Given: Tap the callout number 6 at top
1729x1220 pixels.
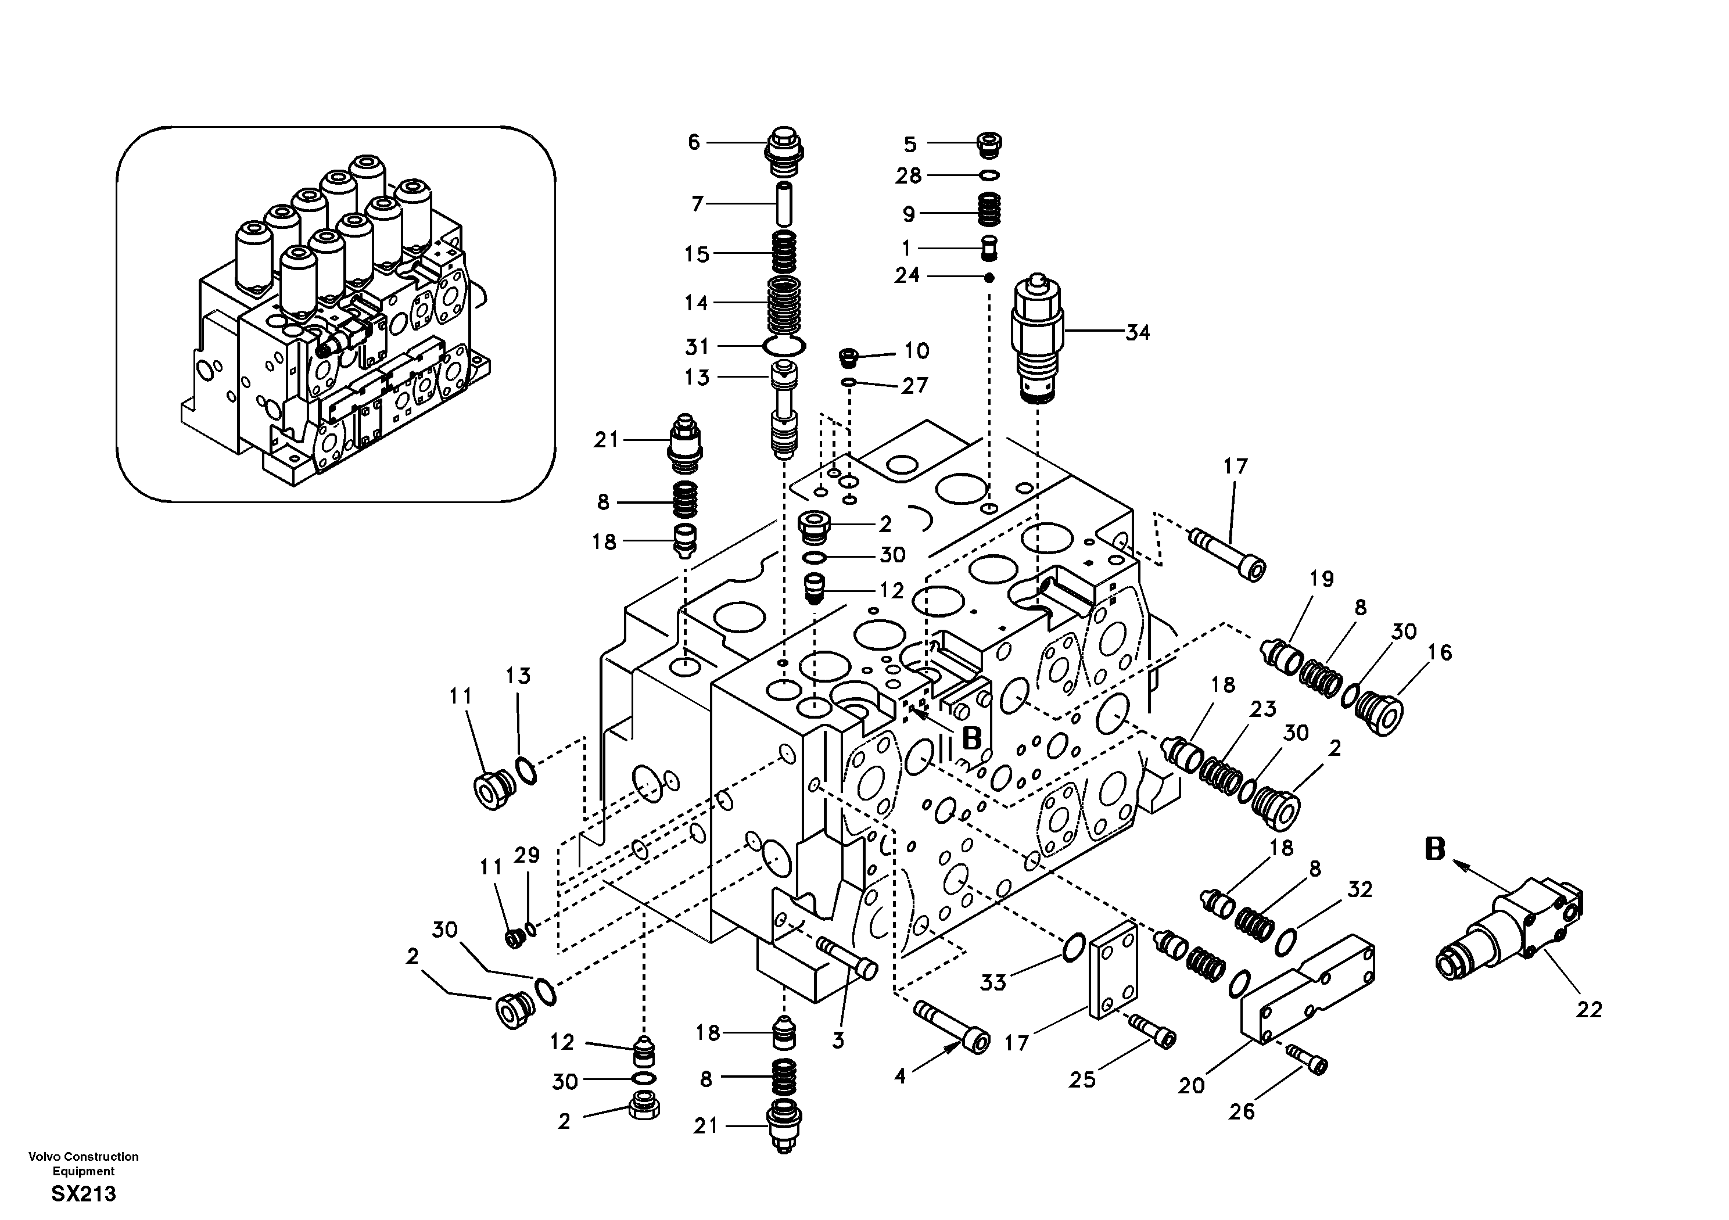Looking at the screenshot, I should (694, 142).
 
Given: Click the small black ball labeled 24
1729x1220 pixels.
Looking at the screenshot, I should (989, 278).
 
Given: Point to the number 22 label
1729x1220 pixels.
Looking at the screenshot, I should (1589, 1010).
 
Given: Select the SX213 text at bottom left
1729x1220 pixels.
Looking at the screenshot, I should (84, 1194).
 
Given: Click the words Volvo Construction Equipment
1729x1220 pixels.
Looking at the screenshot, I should (84, 1164).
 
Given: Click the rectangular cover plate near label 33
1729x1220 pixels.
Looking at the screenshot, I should (1112, 970).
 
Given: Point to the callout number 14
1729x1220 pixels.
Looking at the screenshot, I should (696, 303).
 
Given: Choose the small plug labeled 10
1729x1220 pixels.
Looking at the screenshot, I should (849, 354).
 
